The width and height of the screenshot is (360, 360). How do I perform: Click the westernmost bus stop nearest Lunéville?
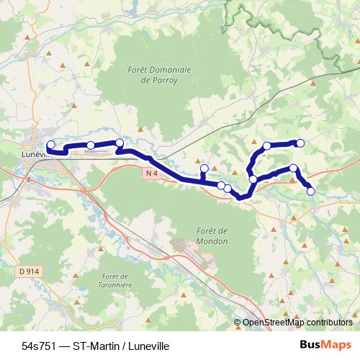click(x=50, y=145)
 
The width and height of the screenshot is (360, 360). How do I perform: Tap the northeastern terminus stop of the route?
click(x=301, y=143)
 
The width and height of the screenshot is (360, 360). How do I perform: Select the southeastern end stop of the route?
click(x=311, y=191)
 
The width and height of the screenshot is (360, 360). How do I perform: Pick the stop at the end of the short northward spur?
click(x=204, y=169)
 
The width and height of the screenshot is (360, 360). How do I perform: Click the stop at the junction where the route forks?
click(x=253, y=179)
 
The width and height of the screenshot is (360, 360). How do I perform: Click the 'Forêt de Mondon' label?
click(x=211, y=236)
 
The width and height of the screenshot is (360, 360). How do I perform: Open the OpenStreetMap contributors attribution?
click(x=297, y=323)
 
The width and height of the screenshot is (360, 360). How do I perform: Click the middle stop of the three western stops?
click(x=91, y=145)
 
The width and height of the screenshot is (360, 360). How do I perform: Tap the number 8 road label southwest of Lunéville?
click(x=29, y=180)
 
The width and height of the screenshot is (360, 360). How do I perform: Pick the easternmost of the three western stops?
click(x=120, y=143)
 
